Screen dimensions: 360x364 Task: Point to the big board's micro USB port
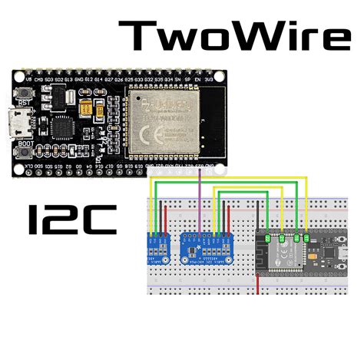[16, 124]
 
